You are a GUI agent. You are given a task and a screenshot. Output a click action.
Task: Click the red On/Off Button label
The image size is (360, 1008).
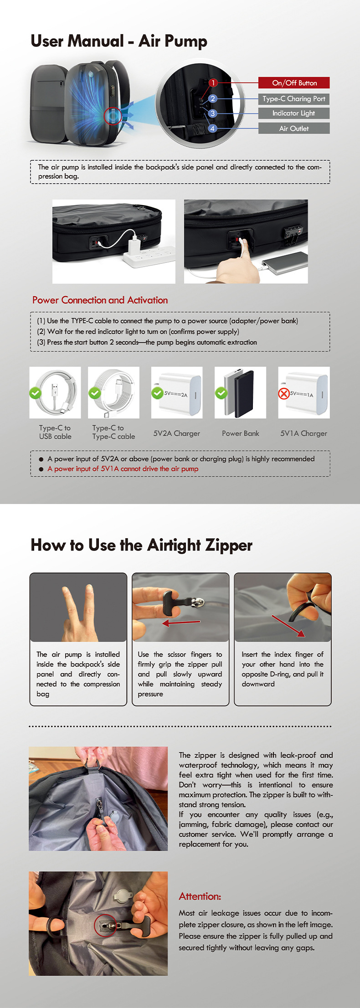[294, 83]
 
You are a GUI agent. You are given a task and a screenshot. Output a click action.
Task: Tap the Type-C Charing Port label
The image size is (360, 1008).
[294, 98]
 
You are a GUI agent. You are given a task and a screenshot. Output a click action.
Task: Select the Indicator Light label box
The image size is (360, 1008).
[294, 113]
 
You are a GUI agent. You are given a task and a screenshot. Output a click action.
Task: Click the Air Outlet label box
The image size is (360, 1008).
[294, 129]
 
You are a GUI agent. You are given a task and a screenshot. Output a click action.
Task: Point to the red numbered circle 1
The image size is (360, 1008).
[213, 82]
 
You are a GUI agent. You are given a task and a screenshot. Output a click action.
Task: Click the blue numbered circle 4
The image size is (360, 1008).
[212, 129]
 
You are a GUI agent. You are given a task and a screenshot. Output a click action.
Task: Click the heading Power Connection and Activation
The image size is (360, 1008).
[100, 300]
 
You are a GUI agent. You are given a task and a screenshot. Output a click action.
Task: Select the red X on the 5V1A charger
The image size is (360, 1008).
[284, 393]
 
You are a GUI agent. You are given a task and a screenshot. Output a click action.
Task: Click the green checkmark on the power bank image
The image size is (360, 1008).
[221, 393]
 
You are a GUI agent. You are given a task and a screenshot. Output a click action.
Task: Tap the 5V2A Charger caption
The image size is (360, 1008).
[176, 433]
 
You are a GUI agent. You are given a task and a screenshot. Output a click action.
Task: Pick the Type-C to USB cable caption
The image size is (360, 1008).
[55, 432]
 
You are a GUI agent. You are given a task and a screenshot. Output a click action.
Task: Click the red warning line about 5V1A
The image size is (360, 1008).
[123, 468]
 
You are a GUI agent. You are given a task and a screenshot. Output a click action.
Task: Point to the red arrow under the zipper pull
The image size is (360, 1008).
[181, 622]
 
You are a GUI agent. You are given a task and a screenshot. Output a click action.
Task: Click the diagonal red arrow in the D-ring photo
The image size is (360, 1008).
[288, 625]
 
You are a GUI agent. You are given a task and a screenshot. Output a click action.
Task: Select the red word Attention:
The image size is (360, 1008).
[200, 896]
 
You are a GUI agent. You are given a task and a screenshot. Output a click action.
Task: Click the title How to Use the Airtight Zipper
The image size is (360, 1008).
[141, 545]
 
